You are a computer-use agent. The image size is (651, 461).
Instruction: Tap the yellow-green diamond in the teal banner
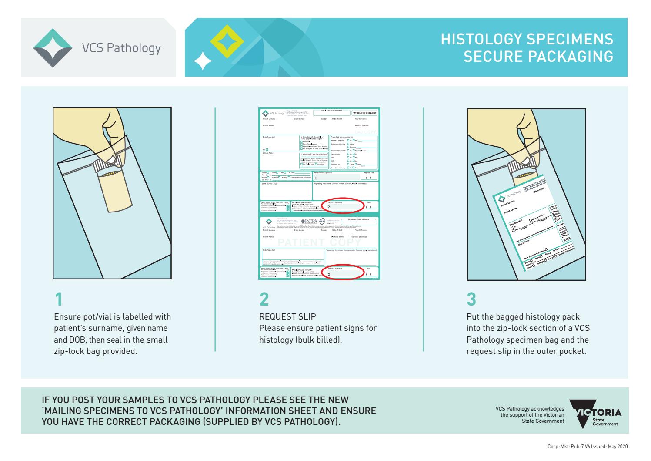224,40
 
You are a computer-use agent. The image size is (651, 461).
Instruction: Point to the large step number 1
58,299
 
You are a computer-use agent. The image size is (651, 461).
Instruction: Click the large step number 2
264,299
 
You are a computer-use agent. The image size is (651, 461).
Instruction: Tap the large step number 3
471,299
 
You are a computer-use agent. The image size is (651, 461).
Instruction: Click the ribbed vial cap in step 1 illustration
104,166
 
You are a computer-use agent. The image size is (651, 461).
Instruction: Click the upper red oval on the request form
344,205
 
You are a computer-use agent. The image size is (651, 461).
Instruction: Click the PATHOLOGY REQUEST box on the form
364,113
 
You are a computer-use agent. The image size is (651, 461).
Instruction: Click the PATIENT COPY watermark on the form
319,242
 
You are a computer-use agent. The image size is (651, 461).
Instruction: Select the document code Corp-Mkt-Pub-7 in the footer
562,446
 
